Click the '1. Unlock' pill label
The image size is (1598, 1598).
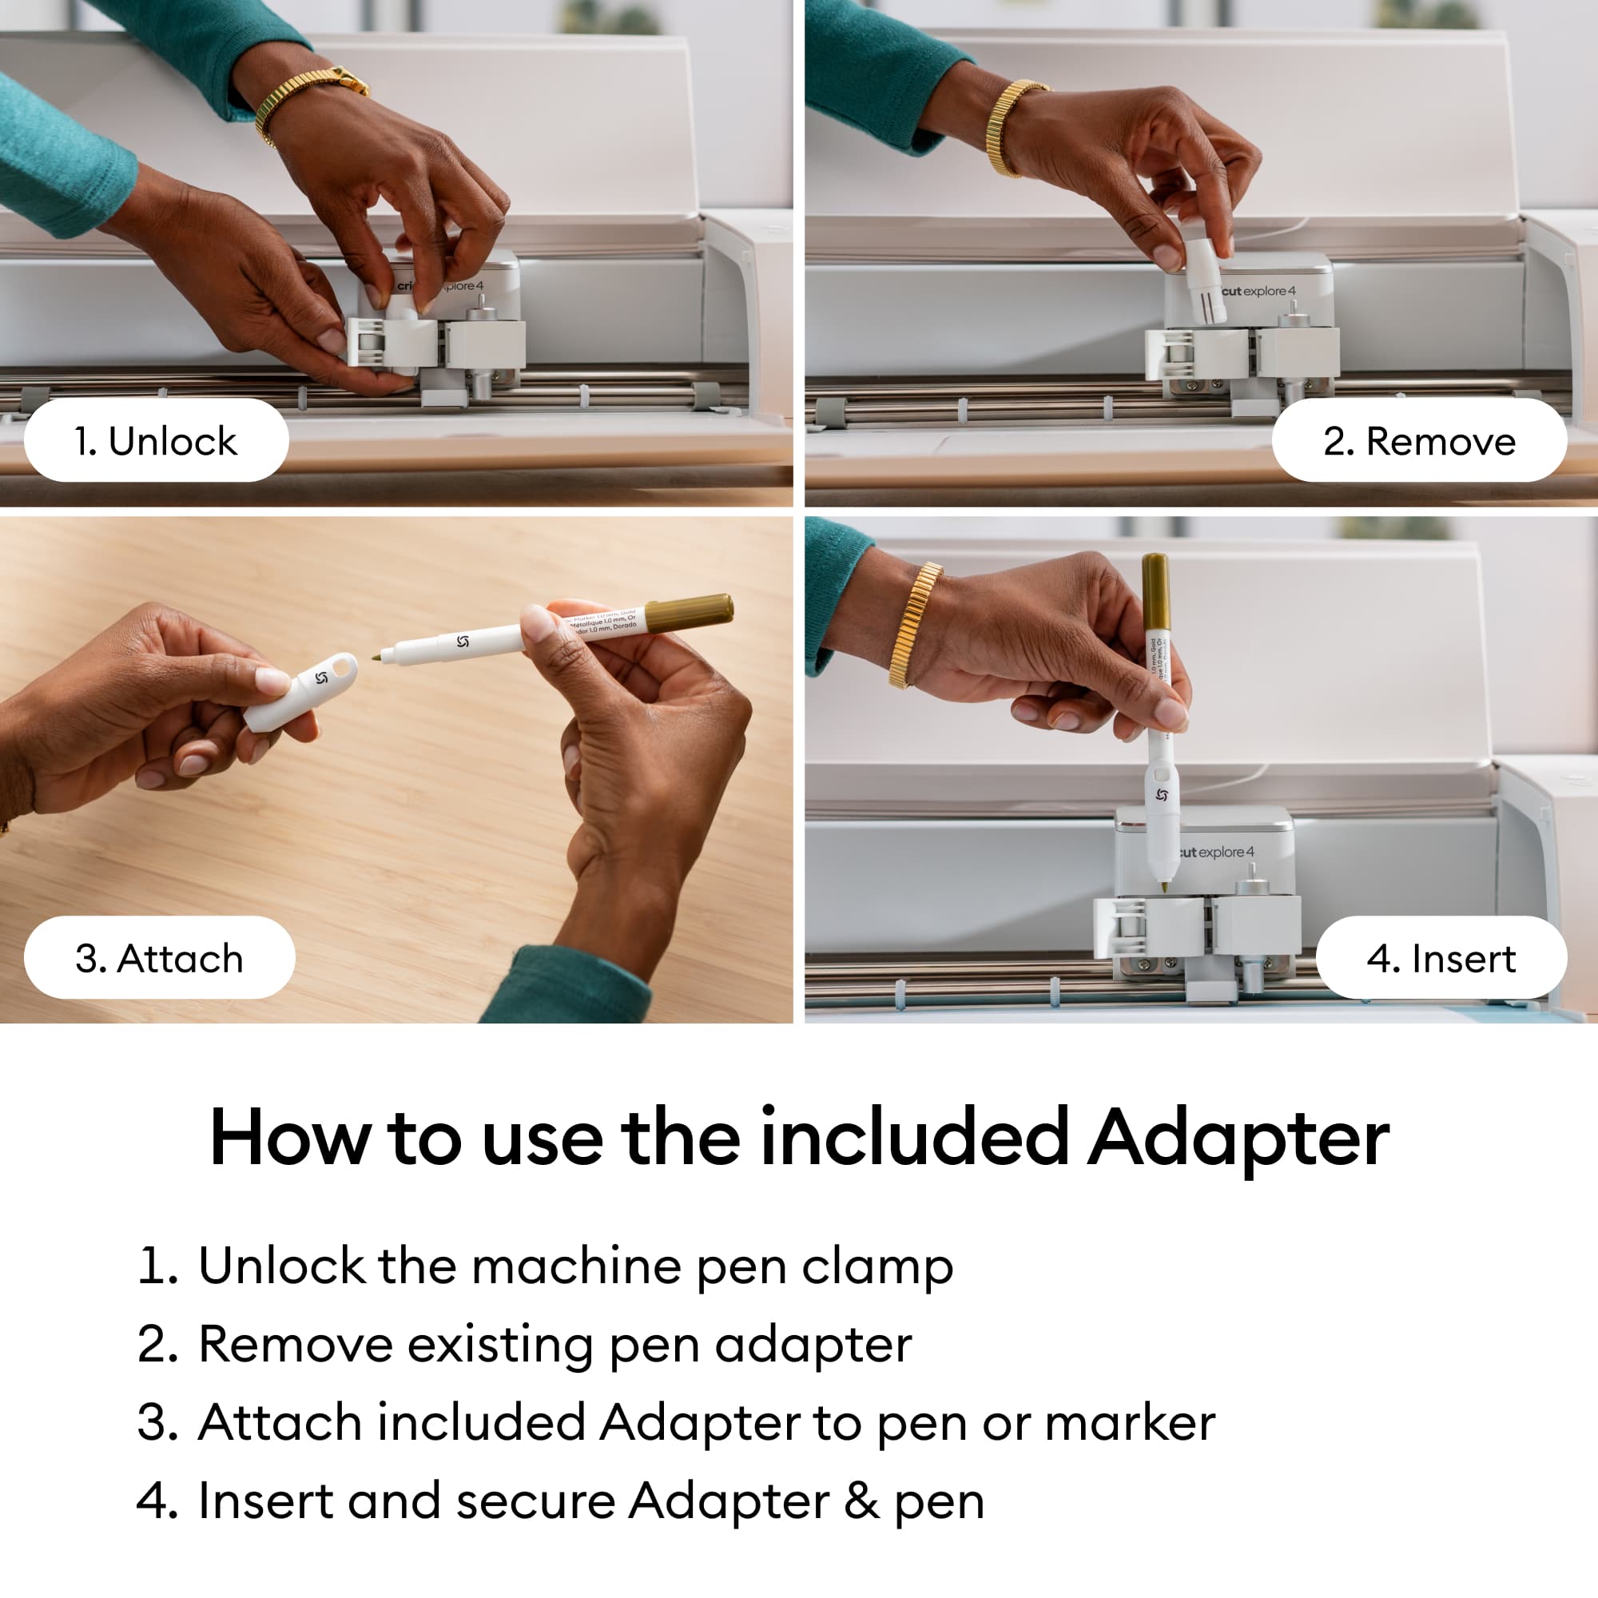(x=156, y=441)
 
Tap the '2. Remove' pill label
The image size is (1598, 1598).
(x=1418, y=441)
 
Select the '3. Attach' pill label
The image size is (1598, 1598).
(x=159, y=958)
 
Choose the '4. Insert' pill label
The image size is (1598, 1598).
(x=1440, y=958)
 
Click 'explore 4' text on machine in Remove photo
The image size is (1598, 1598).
(x=1269, y=291)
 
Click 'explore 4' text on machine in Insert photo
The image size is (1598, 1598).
(x=1226, y=852)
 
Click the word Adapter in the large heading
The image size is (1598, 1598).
(x=1238, y=1138)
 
